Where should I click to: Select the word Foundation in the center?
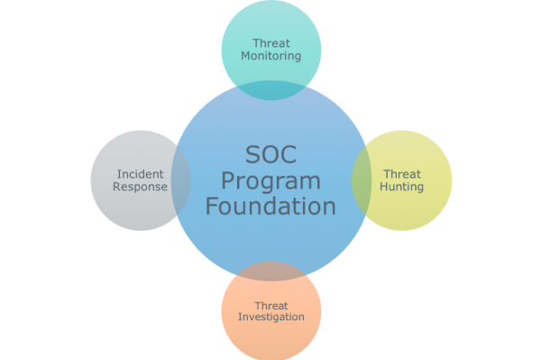270,206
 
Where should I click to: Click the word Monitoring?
271,56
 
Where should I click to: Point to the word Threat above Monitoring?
271,42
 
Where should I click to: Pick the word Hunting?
402,187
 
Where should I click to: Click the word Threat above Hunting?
402,173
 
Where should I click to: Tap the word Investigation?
271,317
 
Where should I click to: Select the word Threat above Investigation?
271,305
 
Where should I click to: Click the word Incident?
141,173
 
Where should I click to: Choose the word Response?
142,187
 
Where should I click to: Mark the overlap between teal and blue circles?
270,89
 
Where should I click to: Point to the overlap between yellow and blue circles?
361,180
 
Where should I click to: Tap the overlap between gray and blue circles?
180,180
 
